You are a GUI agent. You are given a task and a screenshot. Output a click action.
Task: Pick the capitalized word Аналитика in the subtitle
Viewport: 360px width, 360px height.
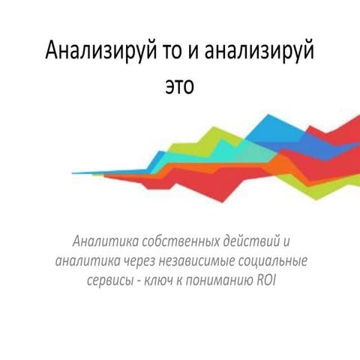click(103, 243)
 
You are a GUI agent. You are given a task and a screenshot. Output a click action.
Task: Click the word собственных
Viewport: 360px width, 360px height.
click(178, 243)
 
